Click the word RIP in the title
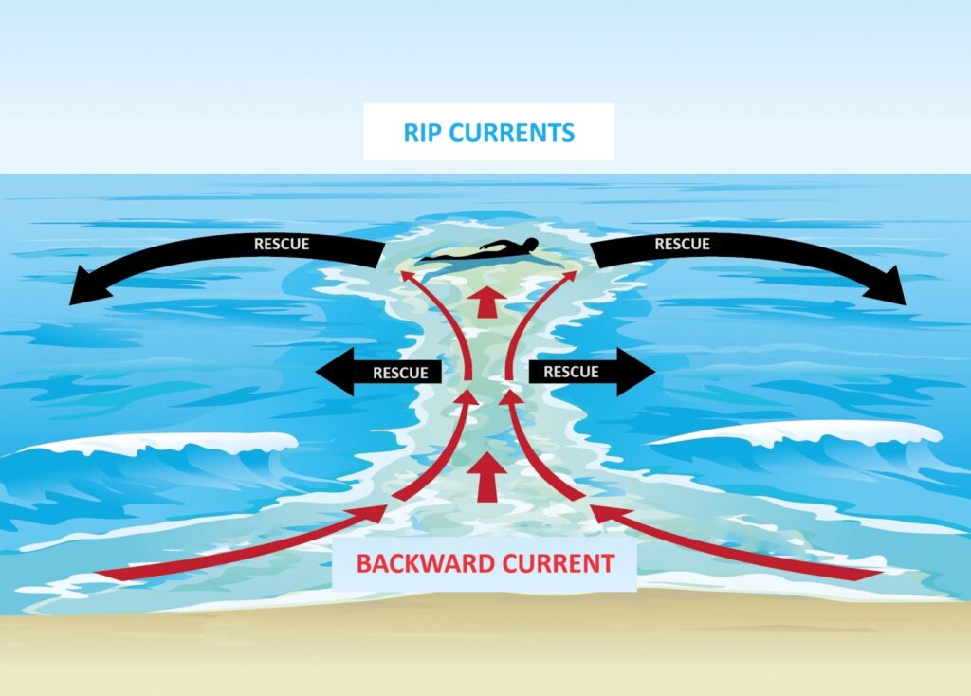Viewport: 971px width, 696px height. pyautogui.click(x=422, y=133)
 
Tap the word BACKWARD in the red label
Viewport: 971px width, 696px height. pyautogui.click(x=426, y=563)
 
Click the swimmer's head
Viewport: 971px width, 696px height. pyautogui.click(x=531, y=244)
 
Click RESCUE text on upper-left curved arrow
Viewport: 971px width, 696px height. pyautogui.click(x=282, y=244)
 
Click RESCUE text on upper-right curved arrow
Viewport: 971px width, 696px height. pyautogui.click(x=683, y=244)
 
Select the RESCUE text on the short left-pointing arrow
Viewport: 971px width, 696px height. pyautogui.click(x=401, y=373)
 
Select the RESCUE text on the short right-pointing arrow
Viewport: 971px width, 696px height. pyautogui.click(x=571, y=372)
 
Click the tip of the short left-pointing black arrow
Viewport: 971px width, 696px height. pyautogui.click(x=316, y=372)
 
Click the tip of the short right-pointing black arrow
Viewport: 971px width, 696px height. pyautogui.click(x=655, y=372)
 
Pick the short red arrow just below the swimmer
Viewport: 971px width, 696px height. pyautogui.click(x=487, y=302)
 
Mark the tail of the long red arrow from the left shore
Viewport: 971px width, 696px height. pyautogui.click(x=99, y=574)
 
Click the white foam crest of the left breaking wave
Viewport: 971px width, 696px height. pyautogui.click(x=167, y=444)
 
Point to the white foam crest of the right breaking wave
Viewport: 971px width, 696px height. pyautogui.click(x=798, y=432)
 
